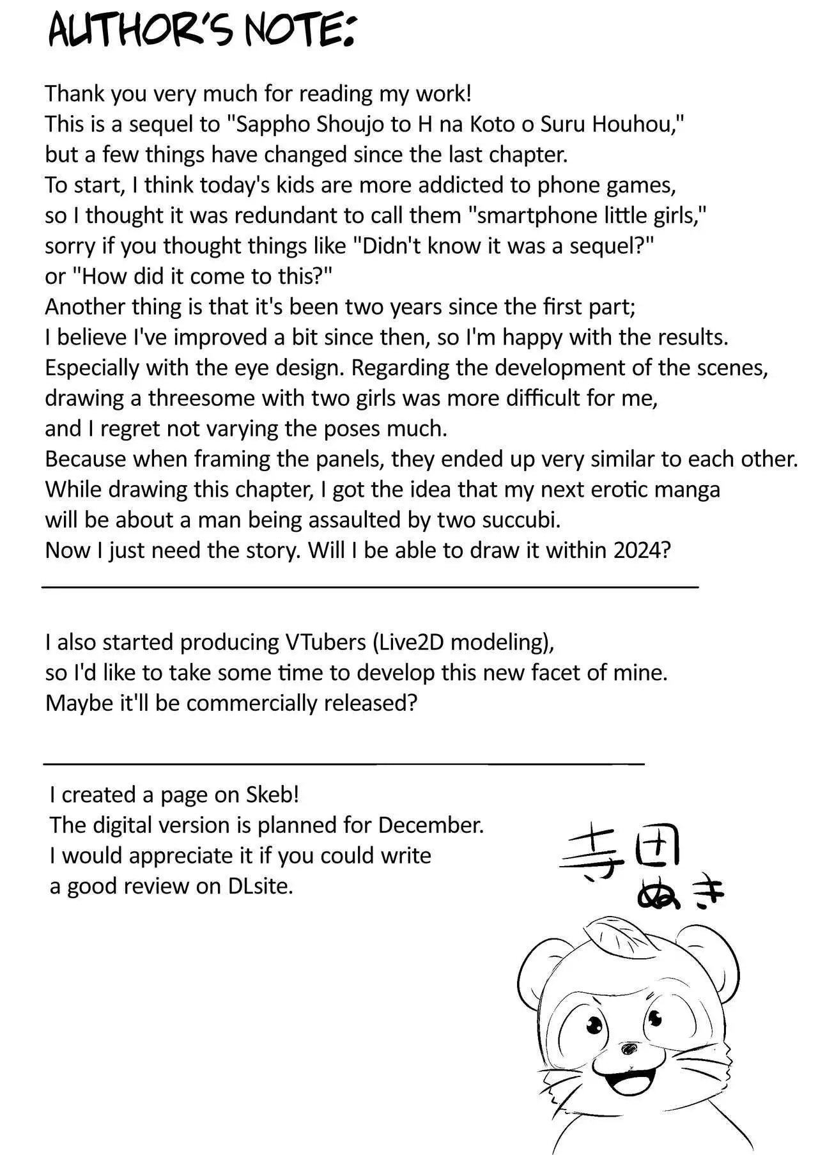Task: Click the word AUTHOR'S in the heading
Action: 144,31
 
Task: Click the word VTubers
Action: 325,642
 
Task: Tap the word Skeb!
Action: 272,795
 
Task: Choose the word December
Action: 431,825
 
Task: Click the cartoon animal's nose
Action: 630,1048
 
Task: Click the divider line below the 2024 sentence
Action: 370,586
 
